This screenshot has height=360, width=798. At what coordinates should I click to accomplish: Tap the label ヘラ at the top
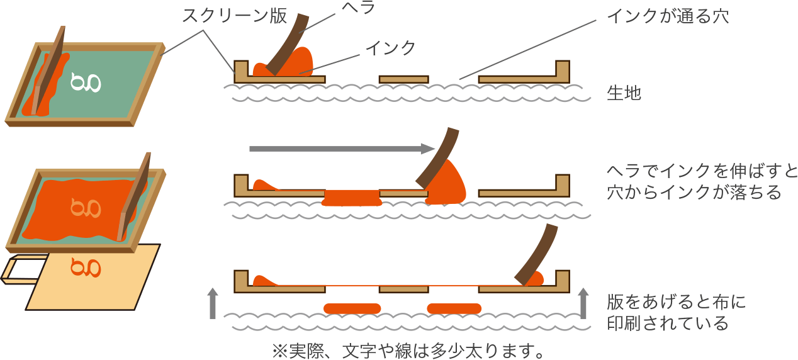[x=359, y=8]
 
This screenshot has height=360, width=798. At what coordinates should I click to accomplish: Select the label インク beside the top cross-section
[x=390, y=48]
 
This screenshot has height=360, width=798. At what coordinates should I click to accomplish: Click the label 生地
[x=624, y=94]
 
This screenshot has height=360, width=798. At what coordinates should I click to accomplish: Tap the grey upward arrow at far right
[x=583, y=303]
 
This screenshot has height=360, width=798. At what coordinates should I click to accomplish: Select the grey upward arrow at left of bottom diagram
[x=213, y=303]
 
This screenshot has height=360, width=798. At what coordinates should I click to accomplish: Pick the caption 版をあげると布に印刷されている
[x=676, y=313]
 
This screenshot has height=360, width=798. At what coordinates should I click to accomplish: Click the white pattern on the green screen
[x=86, y=82]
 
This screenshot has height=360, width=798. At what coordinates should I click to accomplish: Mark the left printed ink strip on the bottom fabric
[x=352, y=308]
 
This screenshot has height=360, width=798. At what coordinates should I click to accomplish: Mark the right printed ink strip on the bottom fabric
[x=454, y=308]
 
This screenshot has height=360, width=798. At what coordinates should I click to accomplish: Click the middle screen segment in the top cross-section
[x=403, y=79]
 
